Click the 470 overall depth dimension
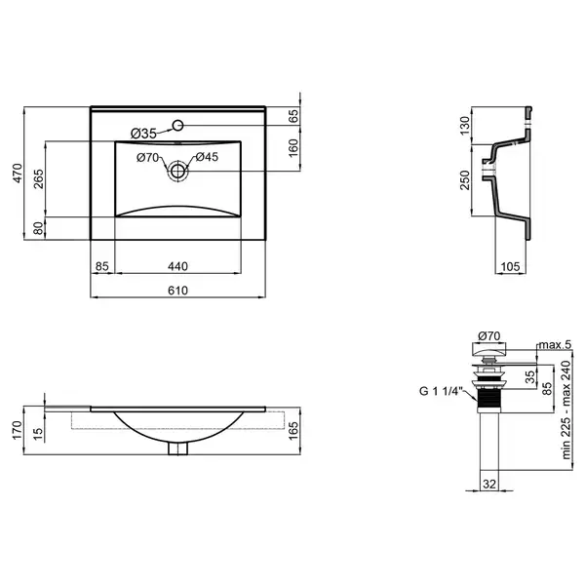pos(18,174)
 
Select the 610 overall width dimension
pos(177,291)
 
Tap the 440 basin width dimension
pos(177,266)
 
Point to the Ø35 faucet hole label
pos(143,134)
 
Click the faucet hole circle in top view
pos(178,125)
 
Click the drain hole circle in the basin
pos(178,172)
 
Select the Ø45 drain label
pos(207,157)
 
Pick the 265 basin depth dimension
pos(39,178)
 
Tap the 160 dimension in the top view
pos(293,148)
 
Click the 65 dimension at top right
pos(293,116)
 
